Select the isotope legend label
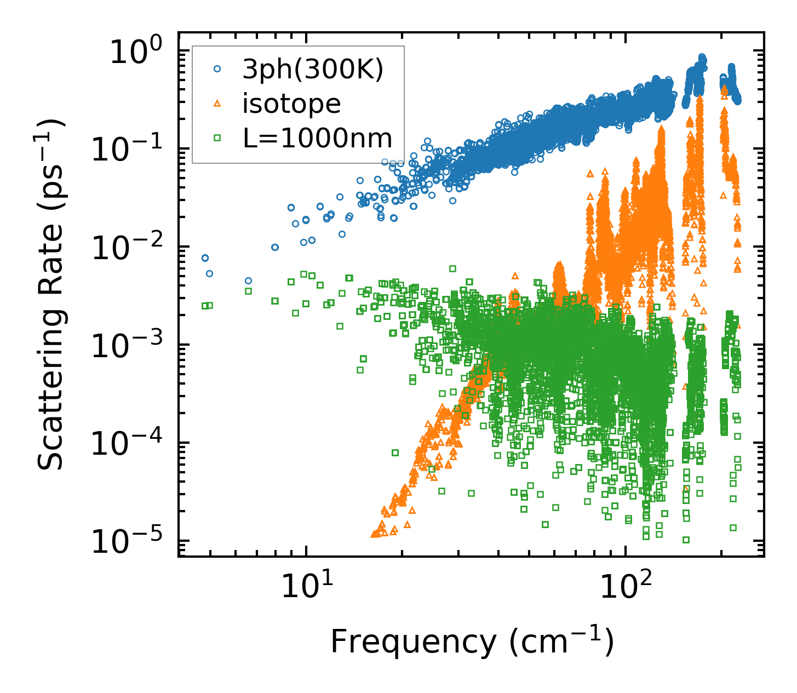tap(291, 104)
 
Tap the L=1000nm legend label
tap(318, 138)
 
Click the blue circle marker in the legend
tap(217, 69)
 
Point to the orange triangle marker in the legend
tap(217, 103)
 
